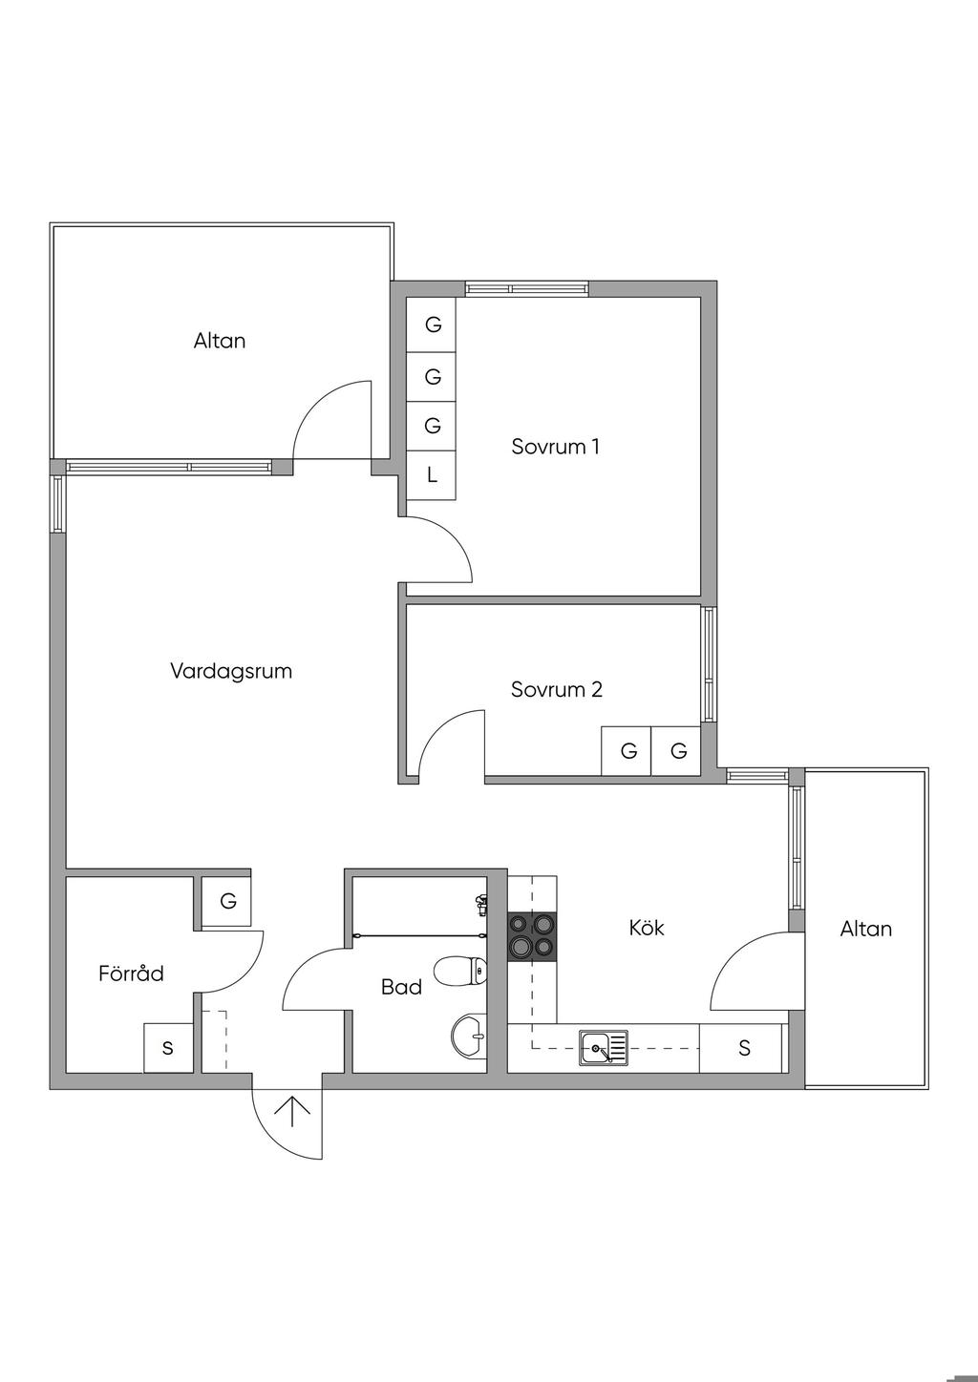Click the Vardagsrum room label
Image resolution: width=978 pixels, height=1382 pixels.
[x=231, y=671]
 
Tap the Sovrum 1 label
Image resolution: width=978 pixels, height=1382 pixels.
[x=555, y=446]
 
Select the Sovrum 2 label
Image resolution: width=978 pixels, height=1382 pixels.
[x=556, y=689]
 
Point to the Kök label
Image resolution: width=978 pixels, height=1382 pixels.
[x=647, y=928]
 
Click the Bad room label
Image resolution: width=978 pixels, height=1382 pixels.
[x=401, y=987]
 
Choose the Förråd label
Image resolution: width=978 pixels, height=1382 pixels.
[x=131, y=974]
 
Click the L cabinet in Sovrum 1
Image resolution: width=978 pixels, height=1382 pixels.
[x=432, y=474]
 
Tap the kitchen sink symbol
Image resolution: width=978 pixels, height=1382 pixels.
[x=604, y=1048]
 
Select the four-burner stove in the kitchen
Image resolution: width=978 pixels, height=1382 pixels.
[x=532, y=934]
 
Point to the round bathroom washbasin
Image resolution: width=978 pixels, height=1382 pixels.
[x=468, y=1036]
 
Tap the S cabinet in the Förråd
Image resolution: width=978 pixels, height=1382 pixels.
[x=168, y=1048]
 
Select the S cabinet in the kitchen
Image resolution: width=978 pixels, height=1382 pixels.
[x=744, y=1048]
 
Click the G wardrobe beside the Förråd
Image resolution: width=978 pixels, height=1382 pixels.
[x=227, y=901]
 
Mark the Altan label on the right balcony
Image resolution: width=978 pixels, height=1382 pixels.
[x=865, y=929]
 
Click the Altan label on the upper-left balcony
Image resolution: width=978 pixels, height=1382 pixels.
[x=220, y=341]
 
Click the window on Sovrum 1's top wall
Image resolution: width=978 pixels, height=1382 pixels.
[x=526, y=288]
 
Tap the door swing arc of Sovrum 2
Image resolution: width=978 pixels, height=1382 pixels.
[x=447, y=735]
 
